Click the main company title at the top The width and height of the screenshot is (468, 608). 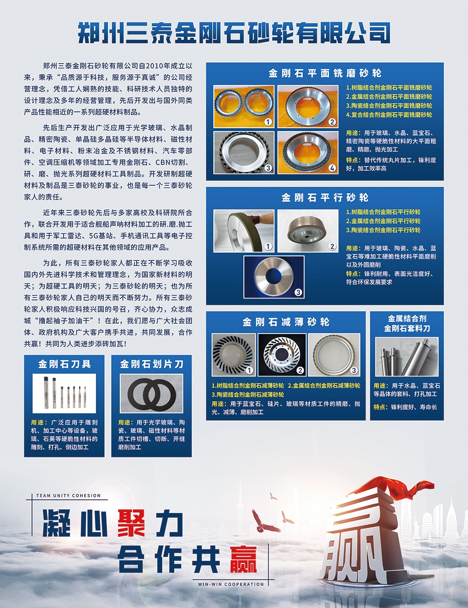(x=234, y=34)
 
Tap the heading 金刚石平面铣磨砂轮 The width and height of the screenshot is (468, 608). (x=325, y=73)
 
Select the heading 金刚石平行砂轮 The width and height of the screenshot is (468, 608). (x=325, y=198)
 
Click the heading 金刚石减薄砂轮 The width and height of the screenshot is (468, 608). (x=286, y=322)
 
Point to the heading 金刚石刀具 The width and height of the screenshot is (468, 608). (x=65, y=364)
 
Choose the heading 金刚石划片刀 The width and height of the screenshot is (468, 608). (x=152, y=364)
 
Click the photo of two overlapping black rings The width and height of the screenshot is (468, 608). (x=152, y=393)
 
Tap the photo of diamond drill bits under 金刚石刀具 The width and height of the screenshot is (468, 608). (x=64, y=393)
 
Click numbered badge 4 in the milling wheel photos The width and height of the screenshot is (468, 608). (x=332, y=167)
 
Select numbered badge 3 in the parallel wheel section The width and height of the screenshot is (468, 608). (x=298, y=292)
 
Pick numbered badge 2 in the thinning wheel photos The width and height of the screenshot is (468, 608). (x=300, y=370)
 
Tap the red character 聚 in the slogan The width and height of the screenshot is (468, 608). (x=131, y=523)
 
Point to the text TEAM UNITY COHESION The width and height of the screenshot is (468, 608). (x=68, y=496)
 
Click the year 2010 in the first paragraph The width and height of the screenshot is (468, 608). (x=154, y=66)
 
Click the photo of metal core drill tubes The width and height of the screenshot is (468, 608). (x=407, y=356)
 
